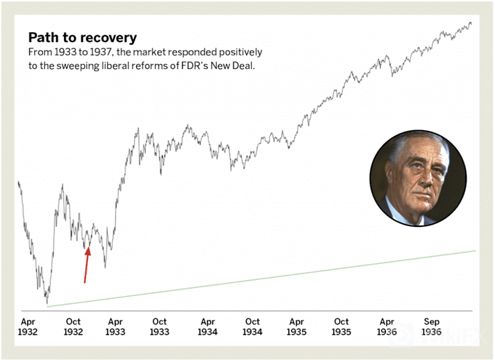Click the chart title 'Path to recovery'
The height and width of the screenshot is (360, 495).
point(82,37)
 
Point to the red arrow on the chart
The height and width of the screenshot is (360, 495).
point(87,265)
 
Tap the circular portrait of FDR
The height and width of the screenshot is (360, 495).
point(418,178)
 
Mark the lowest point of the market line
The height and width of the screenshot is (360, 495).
point(47,303)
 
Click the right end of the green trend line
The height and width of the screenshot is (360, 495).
point(475,251)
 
